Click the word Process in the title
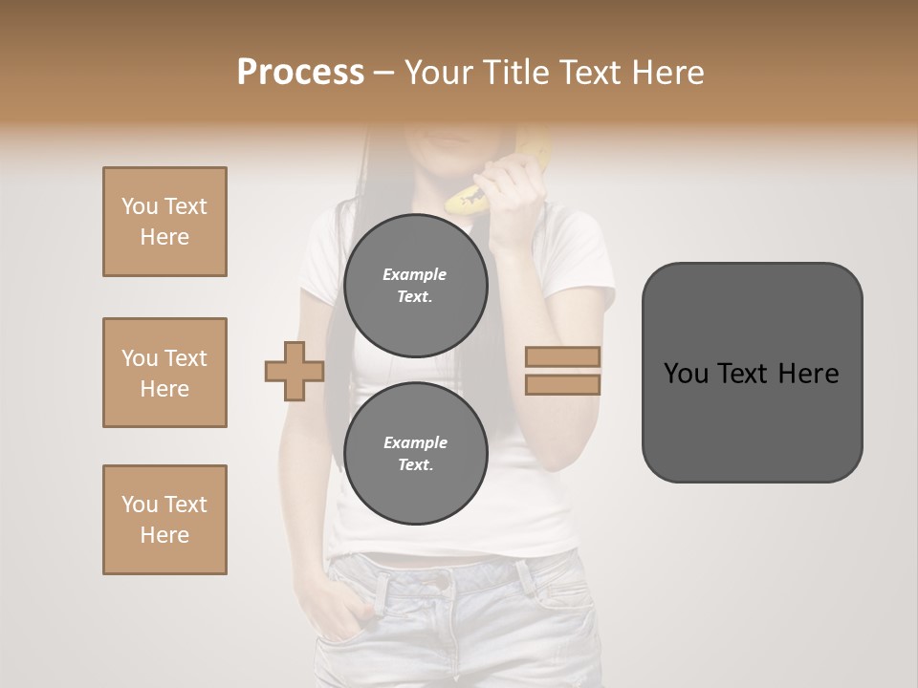300,73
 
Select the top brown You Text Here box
164,222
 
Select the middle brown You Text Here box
164,373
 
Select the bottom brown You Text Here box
164,520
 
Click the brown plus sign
295,371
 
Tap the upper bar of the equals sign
562,356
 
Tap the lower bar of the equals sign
562,384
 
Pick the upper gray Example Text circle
415,285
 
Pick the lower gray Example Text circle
415,453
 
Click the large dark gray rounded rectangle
752,420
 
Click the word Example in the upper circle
415,274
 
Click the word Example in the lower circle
415,442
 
